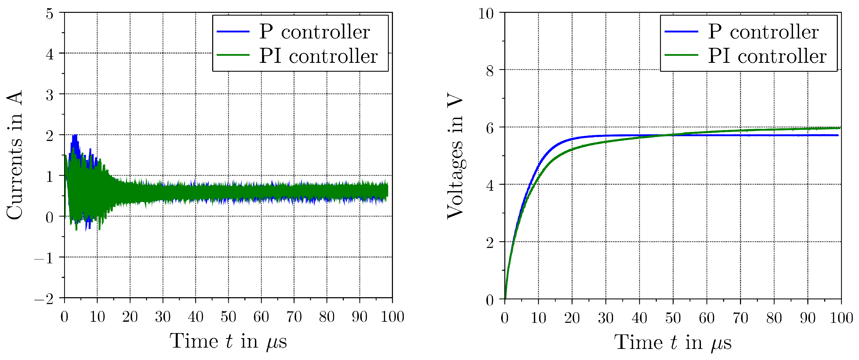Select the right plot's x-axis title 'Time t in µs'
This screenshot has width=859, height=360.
pyautogui.click(x=673, y=342)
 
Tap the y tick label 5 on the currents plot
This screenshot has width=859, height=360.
pyautogui.click(x=49, y=14)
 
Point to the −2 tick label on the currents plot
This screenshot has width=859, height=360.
pyautogui.click(x=44, y=299)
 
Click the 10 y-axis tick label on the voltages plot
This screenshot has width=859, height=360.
pyautogui.click(x=486, y=14)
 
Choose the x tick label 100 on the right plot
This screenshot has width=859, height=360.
pyautogui.click(x=841, y=317)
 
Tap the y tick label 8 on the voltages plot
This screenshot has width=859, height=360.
pyautogui.click(x=490, y=71)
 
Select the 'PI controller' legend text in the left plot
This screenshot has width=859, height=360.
pyautogui.click(x=319, y=56)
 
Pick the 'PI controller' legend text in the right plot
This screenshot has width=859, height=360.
pyautogui.click(x=767, y=56)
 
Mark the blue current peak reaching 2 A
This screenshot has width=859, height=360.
pyautogui.click(x=75, y=136)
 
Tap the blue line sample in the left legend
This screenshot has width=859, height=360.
pyautogui.click(x=233, y=31)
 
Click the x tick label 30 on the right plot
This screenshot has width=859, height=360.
pyautogui.click(x=606, y=317)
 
